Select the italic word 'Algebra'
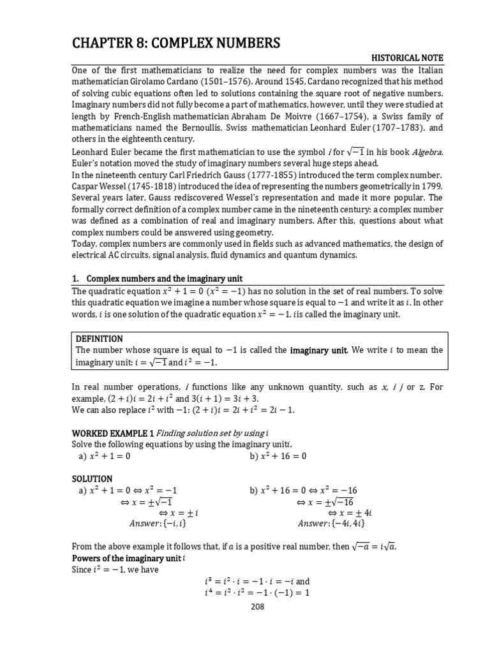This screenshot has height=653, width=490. click(x=406, y=151)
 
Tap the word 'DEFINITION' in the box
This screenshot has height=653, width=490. click(x=99, y=339)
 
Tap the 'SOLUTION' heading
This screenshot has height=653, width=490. click(x=92, y=478)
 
